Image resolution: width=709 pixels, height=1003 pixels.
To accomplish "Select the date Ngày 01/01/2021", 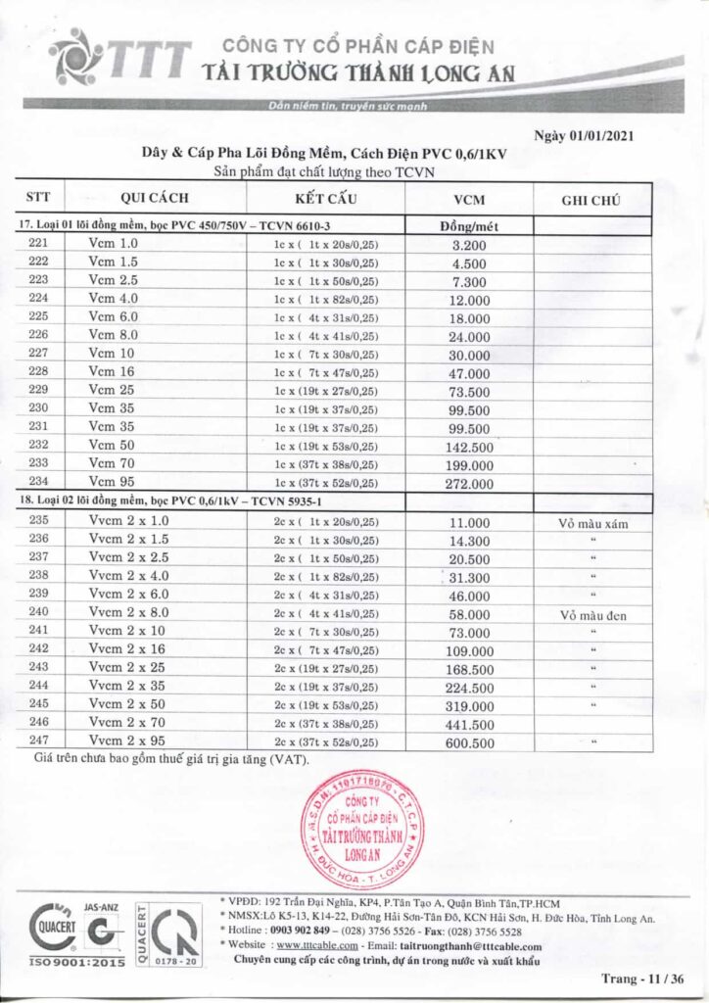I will pos(584,136).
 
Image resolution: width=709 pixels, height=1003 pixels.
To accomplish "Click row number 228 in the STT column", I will pos(38,372).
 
